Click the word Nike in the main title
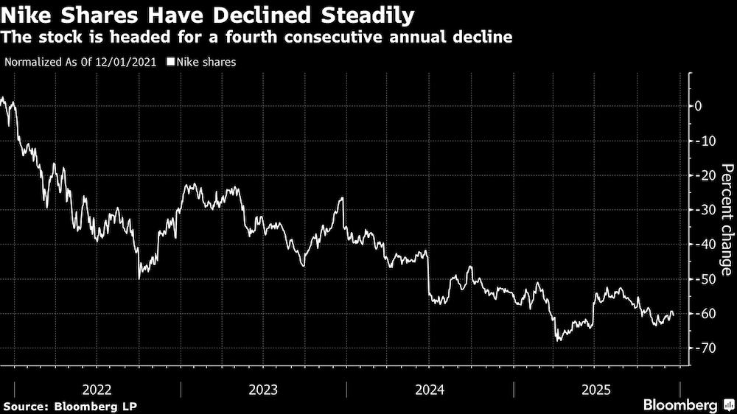28,15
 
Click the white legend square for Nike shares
170,63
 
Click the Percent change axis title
727,220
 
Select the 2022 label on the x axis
97,389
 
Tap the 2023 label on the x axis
263,389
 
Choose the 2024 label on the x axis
430,389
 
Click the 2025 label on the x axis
596,389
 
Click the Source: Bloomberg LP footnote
70,406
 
